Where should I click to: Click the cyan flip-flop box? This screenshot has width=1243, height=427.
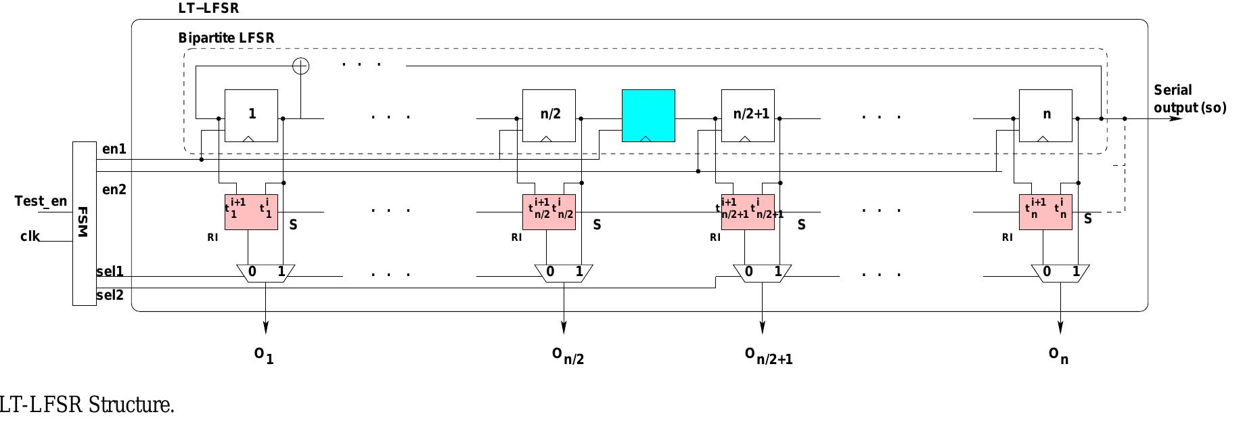click(x=648, y=115)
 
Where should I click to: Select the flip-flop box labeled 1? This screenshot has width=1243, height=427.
click(x=251, y=115)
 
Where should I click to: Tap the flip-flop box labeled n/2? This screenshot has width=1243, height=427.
click(x=549, y=115)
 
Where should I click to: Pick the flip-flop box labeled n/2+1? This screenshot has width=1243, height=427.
click(x=748, y=115)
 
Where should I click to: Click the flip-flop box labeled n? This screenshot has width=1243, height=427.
click(x=1045, y=115)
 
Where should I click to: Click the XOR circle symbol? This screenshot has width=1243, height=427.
click(x=300, y=66)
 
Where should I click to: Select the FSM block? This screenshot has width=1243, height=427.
click(x=85, y=223)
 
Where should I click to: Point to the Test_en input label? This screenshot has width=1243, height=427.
click(x=41, y=201)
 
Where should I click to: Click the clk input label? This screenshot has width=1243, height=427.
click(x=30, y=236)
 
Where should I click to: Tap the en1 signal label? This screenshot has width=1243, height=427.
click(x=114, y=148)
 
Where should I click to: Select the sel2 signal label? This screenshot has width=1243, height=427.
click(x=110, y=295)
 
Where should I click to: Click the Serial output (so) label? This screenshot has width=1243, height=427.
click(x=1189, y=99)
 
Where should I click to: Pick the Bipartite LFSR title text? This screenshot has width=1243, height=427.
click(x=226, y=38)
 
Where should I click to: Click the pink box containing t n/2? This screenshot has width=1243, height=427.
click(x=549, y=212)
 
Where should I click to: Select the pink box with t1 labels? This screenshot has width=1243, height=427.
click(x=251, y=212)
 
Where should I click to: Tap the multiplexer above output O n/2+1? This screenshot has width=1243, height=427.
click(x=763, y=273)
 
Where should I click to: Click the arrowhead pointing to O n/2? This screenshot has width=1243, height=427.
click(x=564, y=328)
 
